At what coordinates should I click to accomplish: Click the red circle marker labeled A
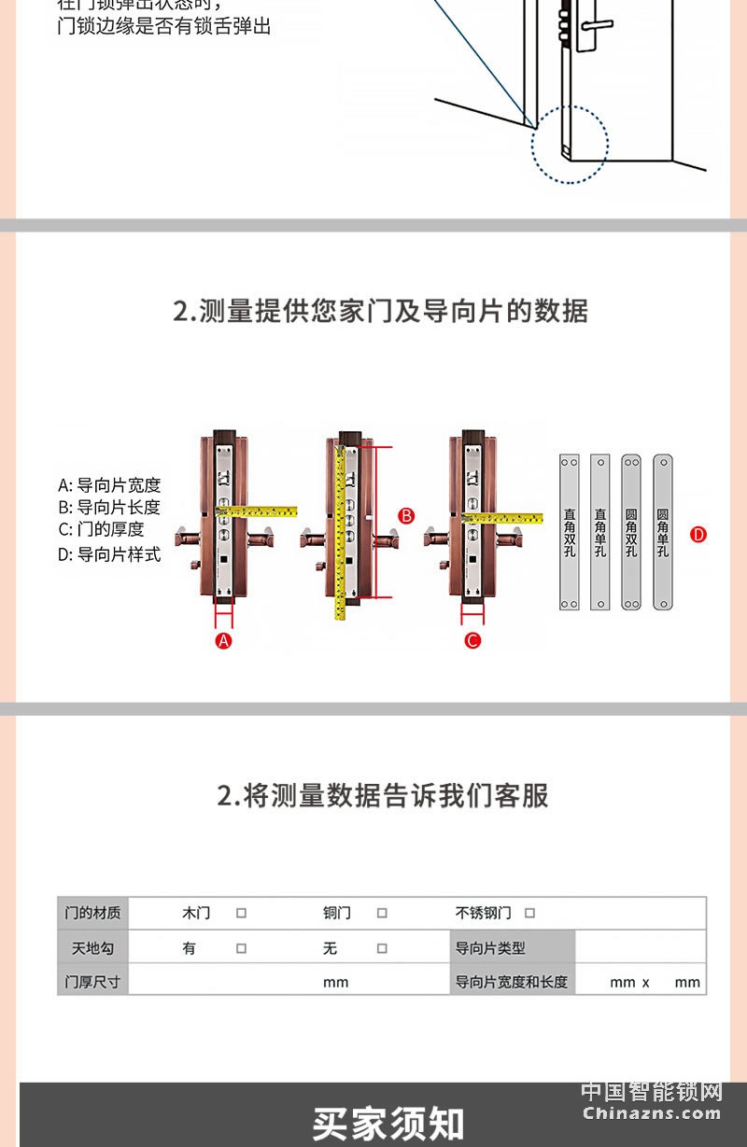coord(223,640)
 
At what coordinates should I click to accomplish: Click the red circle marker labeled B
coord(406,515)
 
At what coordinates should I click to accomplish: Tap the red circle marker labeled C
coord(472,640)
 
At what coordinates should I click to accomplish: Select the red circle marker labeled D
coord(698,535)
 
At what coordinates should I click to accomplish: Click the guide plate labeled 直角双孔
coord(570,532)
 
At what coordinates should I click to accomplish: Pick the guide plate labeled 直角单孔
coord(600,532)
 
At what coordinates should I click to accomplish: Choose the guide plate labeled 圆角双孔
coord(631,532)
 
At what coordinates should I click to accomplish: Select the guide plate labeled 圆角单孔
coord(663,532)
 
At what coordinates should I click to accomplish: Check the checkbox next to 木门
coord(241,914)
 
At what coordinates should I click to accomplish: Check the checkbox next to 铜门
coord(382,914)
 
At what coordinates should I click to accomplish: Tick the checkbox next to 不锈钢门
coord(529,914)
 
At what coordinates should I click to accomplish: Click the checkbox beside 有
coord(241,948)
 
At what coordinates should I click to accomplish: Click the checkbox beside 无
coord(382,948)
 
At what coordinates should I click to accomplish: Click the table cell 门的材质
coord(92,914)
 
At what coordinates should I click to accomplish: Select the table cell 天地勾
coord(92,948)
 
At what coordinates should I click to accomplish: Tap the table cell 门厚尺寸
coord(92,982)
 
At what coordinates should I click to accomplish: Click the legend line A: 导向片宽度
coord(109,485)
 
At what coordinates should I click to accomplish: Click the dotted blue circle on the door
coord(570,145)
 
